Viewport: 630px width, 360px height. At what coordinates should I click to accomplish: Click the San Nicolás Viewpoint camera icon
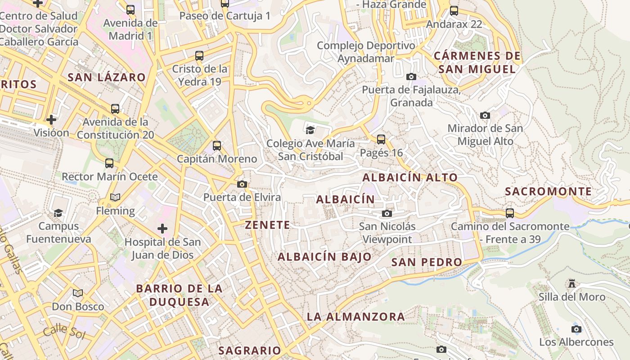coord(387,213)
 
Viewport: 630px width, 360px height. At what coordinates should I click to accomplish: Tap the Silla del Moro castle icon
coord(572,283)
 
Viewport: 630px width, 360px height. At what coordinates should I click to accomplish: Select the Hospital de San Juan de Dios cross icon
coord(162,229)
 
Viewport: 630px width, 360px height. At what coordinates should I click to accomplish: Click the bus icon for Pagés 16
coord(381,139)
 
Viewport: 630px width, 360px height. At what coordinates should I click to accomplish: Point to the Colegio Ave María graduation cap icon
coord(310,130)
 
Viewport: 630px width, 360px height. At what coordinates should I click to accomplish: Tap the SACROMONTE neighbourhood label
coord(548,191)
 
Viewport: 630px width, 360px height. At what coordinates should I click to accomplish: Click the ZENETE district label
coord(267,225)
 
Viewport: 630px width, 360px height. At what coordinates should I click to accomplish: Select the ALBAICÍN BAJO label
coord(324,257)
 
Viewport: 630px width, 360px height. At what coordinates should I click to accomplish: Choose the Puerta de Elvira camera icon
coord(242,184)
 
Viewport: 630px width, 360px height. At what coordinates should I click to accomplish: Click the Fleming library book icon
coord(115,198)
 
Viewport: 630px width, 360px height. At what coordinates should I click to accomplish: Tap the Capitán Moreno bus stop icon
coord(217,145)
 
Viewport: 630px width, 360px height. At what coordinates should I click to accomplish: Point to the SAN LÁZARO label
coord(107,77)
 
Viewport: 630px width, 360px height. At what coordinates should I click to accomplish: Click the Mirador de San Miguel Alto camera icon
coord(485,115)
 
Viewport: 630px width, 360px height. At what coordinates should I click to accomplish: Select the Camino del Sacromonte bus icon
coord(510,213)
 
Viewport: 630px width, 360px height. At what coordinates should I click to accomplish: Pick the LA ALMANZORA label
coord(355,316)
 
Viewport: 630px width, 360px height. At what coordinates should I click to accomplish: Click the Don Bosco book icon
coord(78,293)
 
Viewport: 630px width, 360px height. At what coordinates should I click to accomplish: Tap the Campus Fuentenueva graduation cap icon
coord(58,213)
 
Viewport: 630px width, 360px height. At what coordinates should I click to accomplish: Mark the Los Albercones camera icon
coord(576,329)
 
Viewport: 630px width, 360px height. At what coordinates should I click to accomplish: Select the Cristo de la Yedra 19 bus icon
coord(199,56)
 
